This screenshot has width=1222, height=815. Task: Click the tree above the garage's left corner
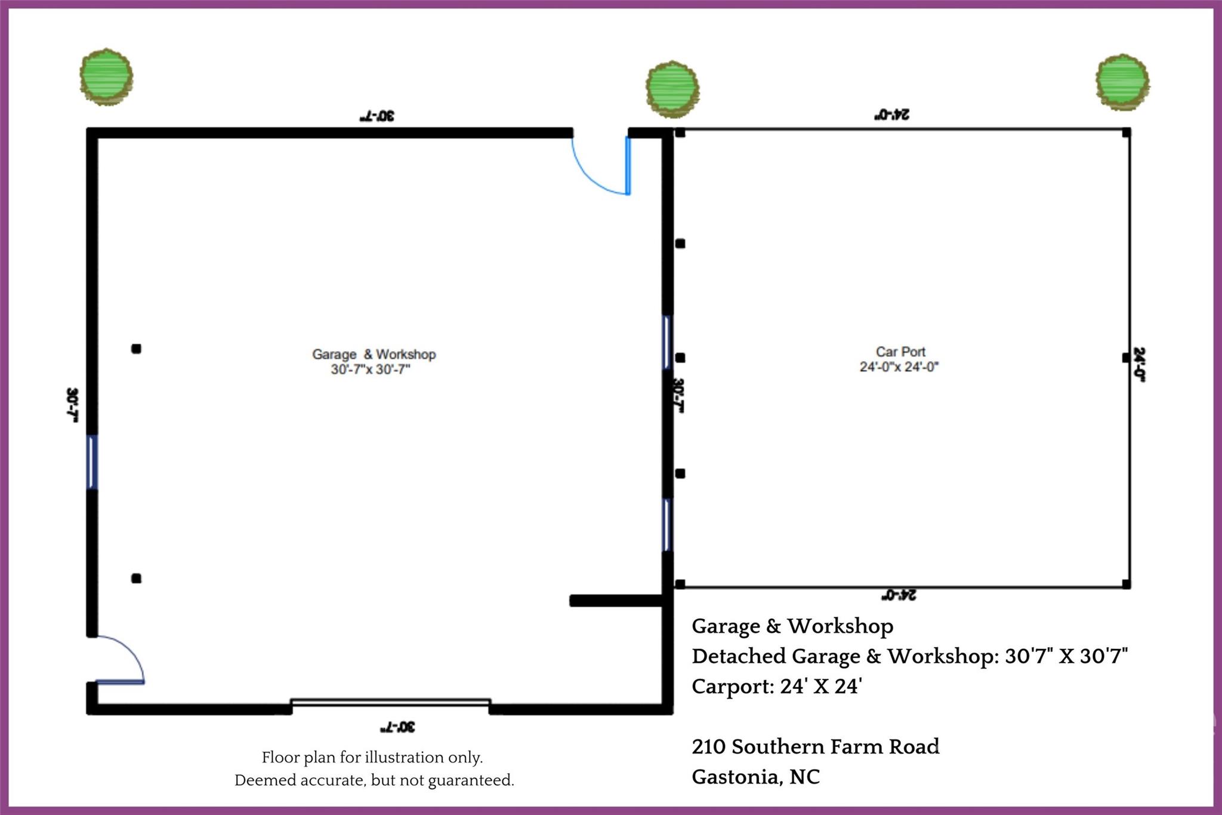click(x=106, y=76)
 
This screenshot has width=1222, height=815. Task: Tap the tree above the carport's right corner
click(x=1122, y=82)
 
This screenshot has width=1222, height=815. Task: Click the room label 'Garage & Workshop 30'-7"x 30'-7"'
click(x=374, y=361)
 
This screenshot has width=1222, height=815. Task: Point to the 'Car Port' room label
click(x=900, y=352)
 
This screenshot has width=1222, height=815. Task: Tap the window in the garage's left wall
click(x=92, y=462)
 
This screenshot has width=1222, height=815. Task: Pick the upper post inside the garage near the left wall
click(x=136, y=349)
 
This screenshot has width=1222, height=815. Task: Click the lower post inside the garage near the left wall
click(x=136, y=578)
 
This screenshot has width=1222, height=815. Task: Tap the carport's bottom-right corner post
click(x=1126, y=584)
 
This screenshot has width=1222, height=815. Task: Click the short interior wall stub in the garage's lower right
click(x=616, y=601)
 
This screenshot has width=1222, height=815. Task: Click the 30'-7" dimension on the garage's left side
click(x=72, y=405)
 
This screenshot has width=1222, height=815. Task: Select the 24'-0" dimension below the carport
click(x=899, y=595)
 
